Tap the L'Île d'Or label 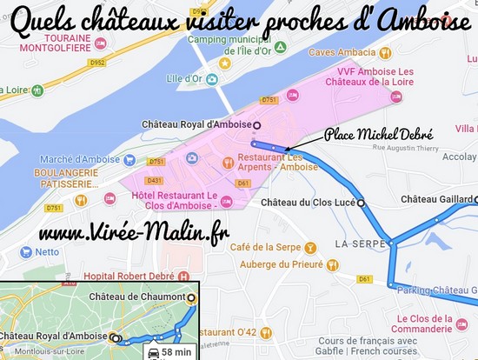[185, 78]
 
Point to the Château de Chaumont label [137, 297]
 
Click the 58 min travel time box [172, 352]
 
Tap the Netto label [47, 252]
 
